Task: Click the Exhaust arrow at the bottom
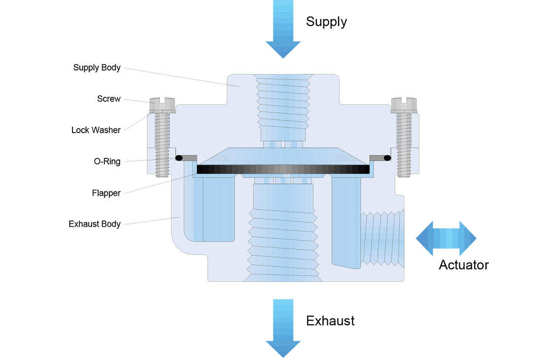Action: point(283,328)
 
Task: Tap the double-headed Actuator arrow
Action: point(446,239)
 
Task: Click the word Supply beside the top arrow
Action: point(326,22)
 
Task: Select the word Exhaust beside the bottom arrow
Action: point(330,321)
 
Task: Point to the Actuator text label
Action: point(463,265)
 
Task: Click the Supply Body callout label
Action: point(97,68)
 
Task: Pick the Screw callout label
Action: point(108,99)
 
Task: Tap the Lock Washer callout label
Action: point(96,130)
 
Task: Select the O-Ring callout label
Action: point(107,161)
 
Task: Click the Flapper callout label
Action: point(106,193)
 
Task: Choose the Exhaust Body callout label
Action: point(95,224)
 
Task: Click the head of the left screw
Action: point(162,104)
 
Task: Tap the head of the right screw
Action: point(404,104)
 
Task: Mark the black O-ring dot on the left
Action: point(179,158)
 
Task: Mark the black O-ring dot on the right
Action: point(387,158)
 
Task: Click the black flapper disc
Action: point(283,169)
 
